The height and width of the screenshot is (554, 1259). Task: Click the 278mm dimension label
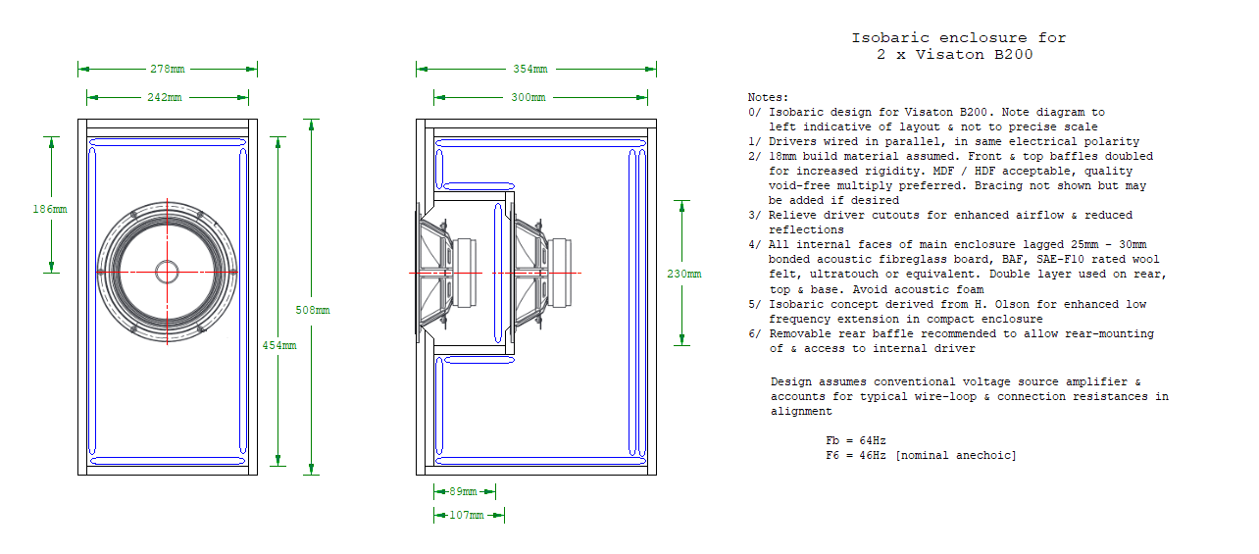click(168, 69)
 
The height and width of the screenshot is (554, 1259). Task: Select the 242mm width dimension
click(167, 97)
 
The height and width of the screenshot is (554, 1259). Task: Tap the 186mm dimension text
click(50, 209)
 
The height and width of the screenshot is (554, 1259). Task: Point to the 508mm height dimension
click(314, 310)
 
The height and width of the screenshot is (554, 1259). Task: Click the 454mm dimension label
click(279, 344)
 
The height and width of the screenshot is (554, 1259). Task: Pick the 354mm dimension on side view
click(529, 69)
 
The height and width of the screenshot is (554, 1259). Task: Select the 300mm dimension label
click(529, 97)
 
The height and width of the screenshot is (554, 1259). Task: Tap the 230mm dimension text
click(683, 274)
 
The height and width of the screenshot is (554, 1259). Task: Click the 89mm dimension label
click(464, 491)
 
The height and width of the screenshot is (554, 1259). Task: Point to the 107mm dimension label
click(468, 515)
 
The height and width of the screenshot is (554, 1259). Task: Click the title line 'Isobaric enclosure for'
click(958, 38)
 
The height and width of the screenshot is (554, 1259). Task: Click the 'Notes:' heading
click(768, 98)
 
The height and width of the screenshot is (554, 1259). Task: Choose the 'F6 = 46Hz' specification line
click(922, 456)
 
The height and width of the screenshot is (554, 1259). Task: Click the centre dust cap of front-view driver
click(167, 272)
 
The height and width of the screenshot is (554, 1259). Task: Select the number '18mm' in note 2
click(784, 157)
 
